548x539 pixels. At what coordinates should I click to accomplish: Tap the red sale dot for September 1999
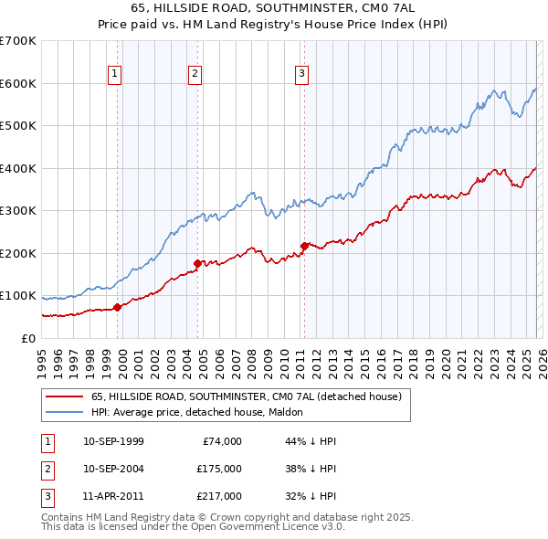pyautogui.click(x=117, y=307)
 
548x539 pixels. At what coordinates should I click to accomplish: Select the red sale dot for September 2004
pyautogui.click(x=197, y=264)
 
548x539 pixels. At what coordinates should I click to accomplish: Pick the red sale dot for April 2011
pyautogui.click(x=304, y=246)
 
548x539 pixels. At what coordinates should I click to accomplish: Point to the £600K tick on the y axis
pyautogui.click(x=18, y=83)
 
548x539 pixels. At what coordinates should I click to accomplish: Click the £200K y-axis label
pyautogui.click(x=18, y=253)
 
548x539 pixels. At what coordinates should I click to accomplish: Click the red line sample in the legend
pyautogui.click(x=65, y=397)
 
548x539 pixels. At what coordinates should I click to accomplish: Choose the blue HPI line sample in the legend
pyautogui.click(x=65, y=413)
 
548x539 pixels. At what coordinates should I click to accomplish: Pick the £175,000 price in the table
pyautogui.click(x=218, y=469)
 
